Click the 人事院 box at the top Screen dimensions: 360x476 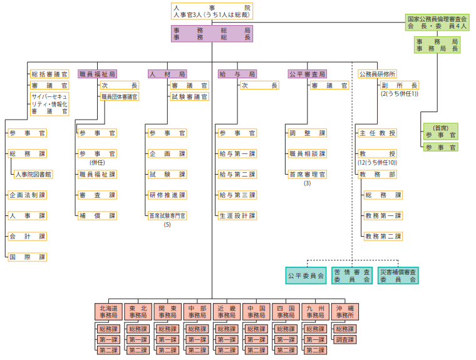click(x=212, y=11)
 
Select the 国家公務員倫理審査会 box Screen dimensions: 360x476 click(x=437, y=23)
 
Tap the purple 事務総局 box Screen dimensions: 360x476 click(x=212, y=33)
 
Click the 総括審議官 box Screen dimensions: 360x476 click(x=49, y=74)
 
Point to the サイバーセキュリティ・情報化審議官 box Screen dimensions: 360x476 click(x=49, y=103)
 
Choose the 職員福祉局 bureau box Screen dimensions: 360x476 click(x=97, y=74)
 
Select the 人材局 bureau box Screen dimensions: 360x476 click(x=167, y=74)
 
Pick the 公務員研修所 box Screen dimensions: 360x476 click(x=377, y=74)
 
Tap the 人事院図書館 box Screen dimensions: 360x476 click(x=33, y=174)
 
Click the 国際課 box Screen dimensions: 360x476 click(x=28, y=257)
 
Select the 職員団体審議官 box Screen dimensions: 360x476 click(x=120, y=96)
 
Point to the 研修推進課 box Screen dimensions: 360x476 click(x=168, y=195)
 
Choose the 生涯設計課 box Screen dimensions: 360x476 click(x=237, y=215)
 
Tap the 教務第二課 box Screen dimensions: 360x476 click(x=383, y=236)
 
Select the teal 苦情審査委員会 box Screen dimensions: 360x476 click(x=351, y=275)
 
